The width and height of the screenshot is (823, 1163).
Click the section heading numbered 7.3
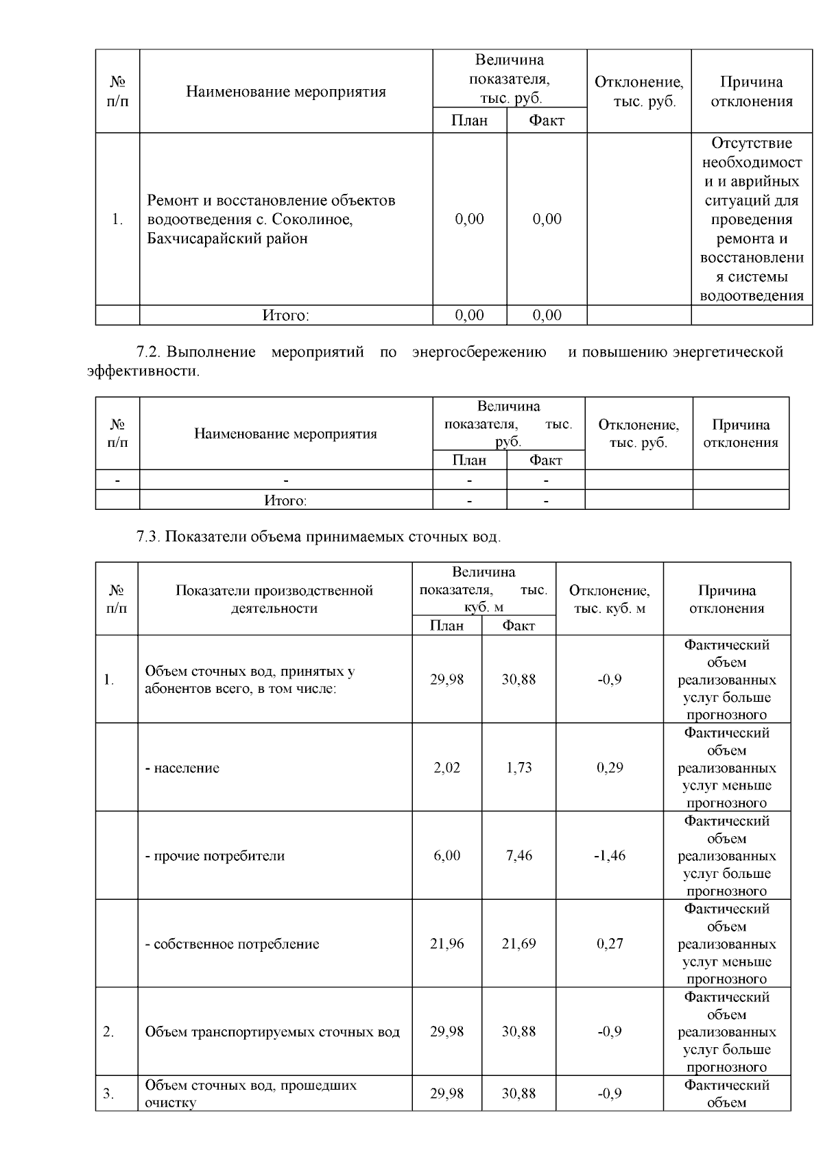[x=318, y=537]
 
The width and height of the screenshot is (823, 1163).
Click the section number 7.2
[x=148, y=352]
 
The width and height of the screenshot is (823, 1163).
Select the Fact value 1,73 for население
[x=518, y=768]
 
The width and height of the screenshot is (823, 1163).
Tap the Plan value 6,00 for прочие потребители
[x=446, y=855]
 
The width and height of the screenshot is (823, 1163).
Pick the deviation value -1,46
[x=609, y=855]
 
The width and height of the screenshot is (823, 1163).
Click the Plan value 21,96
[x=446, y=944]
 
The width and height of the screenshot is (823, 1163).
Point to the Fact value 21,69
[x=518, y=944]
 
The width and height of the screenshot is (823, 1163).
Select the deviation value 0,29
[x=609, y=768]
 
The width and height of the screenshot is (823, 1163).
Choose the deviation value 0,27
[x=609, y=944]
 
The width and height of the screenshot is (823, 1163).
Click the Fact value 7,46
[x=518, y=855]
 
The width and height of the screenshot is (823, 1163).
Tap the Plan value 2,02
[x=446, y=768]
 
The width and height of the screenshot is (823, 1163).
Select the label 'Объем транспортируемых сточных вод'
[x=272, y=1032]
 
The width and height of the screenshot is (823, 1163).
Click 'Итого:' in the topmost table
[x=286, y=315]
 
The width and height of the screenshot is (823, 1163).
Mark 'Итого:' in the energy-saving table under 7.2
[x=286, y=500]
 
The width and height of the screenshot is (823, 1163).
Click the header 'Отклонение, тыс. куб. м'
[x=609, y=599]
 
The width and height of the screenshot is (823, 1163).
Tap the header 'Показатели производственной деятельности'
[x=274, y=599]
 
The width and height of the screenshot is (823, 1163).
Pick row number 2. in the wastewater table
[x=109, y=1032]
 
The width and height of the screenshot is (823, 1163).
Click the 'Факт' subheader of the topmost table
[x=546, y=121]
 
